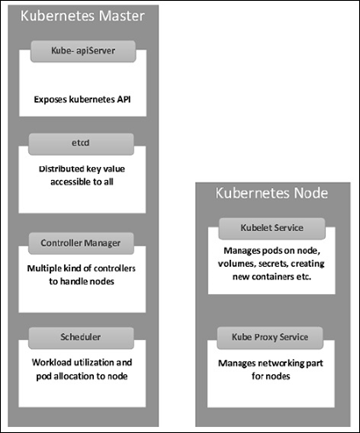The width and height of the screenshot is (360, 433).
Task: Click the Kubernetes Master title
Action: pyautogui.click(x=83, y=16)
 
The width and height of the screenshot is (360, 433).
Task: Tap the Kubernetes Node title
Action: pyautogui.click(x=271, y=193)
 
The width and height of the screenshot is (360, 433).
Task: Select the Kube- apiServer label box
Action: pyautogui.click(x=83, y=51)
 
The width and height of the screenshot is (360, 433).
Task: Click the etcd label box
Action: pyautogui.click(x=81, y=144)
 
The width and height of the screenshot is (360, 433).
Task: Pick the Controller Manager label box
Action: pyautogui.click(x=81, y=243)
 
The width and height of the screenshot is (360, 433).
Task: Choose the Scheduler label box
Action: pyautogui.click(x=81, y=337)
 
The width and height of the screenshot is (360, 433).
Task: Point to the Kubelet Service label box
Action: pyautogui.click(x=272, y=228)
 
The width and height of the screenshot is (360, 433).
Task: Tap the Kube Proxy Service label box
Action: pyautogui.click(x=270, y=337)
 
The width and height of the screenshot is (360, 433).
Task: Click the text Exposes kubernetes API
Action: pyautogui.click(x=83, y=99)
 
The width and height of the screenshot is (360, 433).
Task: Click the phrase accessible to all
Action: pyautogui.click(x=82, y=182)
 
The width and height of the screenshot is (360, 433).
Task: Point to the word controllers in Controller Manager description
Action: pyautogui.click(x=115, y=269)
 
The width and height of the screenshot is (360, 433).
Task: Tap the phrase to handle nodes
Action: pyautogui.click(x=82, y=281)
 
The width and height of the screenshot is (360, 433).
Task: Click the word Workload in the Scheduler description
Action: pyautogui.click(x=51, y=363)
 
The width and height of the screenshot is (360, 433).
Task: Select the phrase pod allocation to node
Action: pyautogui.click(x=82, y=376)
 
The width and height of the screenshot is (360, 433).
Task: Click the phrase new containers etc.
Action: pyautogui.click(x=271, y=277)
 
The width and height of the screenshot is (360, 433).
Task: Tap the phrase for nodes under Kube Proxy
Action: pyautogui.click(x=270, y=376)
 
